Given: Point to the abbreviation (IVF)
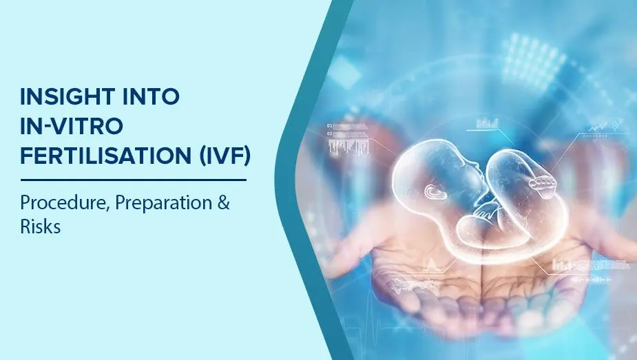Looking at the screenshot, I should click(222, 158).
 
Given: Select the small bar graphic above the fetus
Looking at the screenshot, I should click(488, 124).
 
